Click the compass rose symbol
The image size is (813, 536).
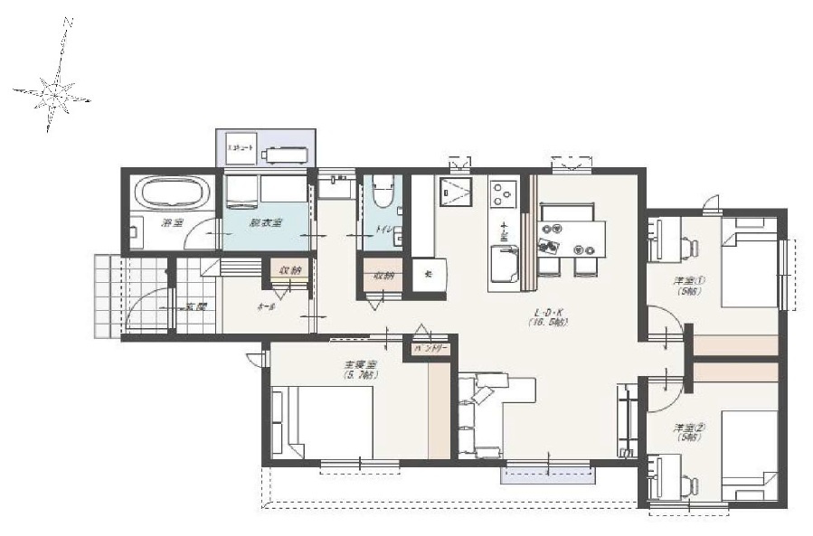coord(53,91)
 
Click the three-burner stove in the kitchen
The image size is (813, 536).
coord(503,193)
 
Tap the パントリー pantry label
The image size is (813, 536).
coord(430,346)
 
